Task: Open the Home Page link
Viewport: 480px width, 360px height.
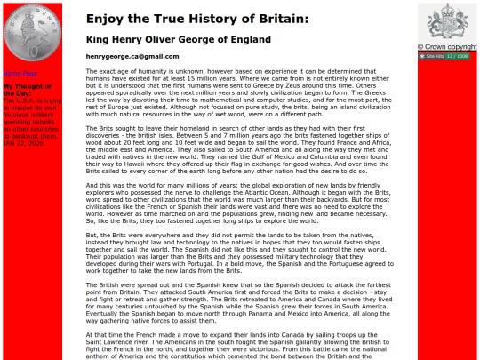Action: (x=20, y=73)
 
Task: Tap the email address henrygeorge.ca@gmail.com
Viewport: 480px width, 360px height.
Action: (x=132, y=56)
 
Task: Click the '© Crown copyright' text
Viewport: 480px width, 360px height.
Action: (x=450, y=47)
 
